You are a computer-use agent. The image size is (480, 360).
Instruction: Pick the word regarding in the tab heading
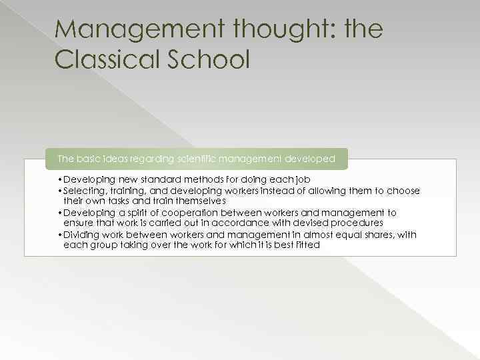pos(151,159)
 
